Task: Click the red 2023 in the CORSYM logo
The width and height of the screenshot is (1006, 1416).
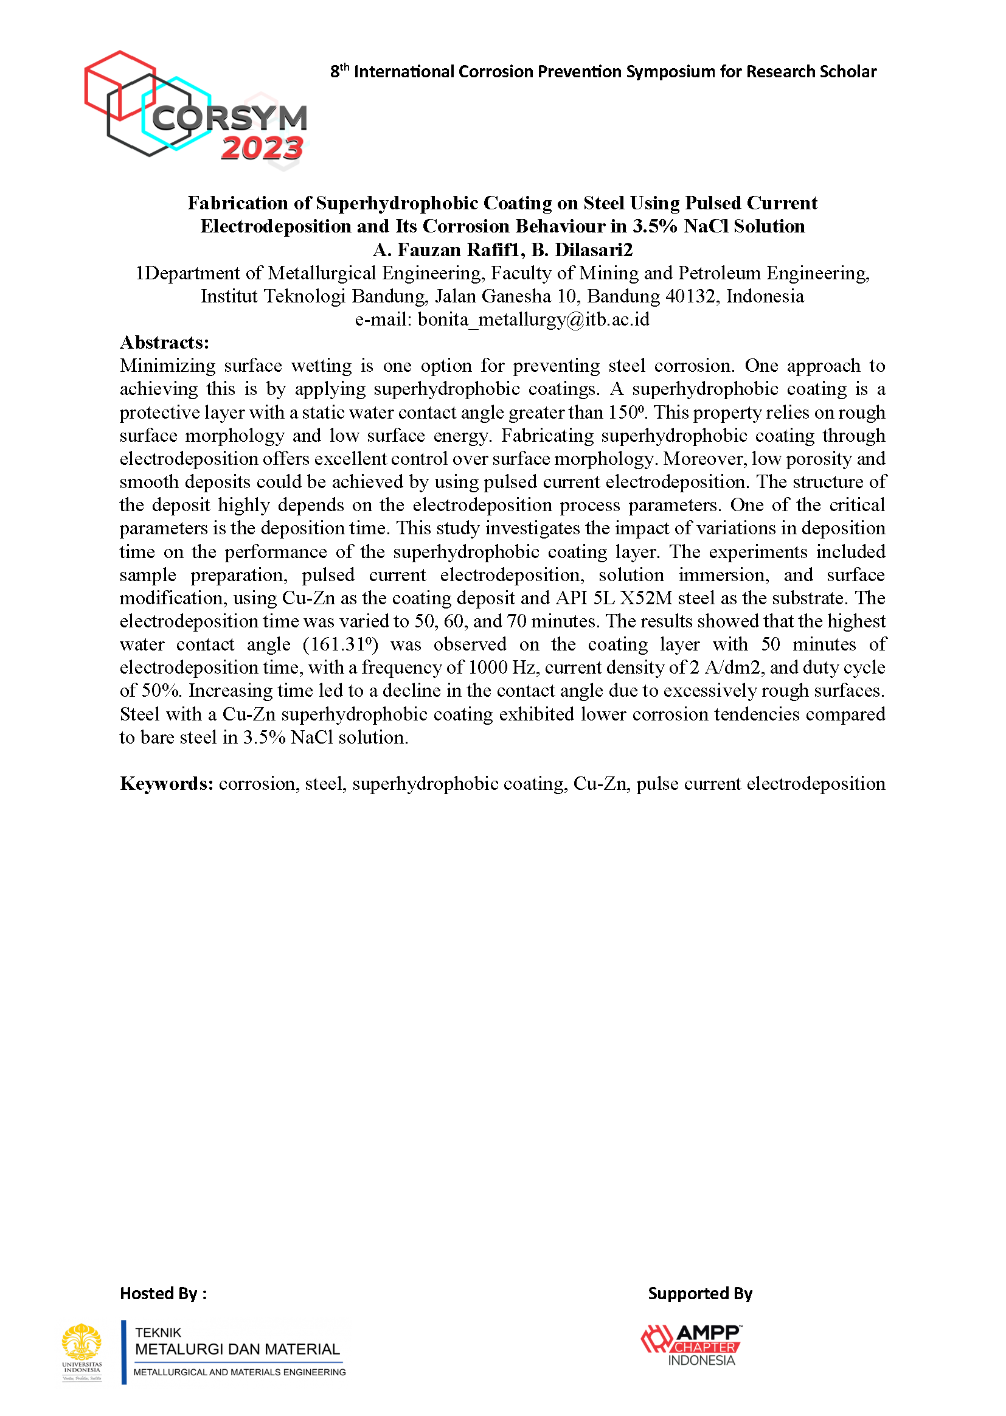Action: click(262, 148)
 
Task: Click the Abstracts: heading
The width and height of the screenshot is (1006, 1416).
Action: click(165, 342)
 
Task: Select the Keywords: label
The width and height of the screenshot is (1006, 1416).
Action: click(167, 783)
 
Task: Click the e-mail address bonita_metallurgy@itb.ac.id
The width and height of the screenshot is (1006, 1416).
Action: click(533, 319)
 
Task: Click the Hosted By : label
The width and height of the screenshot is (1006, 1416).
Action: click(164, 1293)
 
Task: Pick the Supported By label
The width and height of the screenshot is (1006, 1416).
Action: click(700, 1293)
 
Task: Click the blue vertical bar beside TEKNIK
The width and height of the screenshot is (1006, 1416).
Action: click(124, 1351)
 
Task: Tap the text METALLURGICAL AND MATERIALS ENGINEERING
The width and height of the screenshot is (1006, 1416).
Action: click(240, 1372)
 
